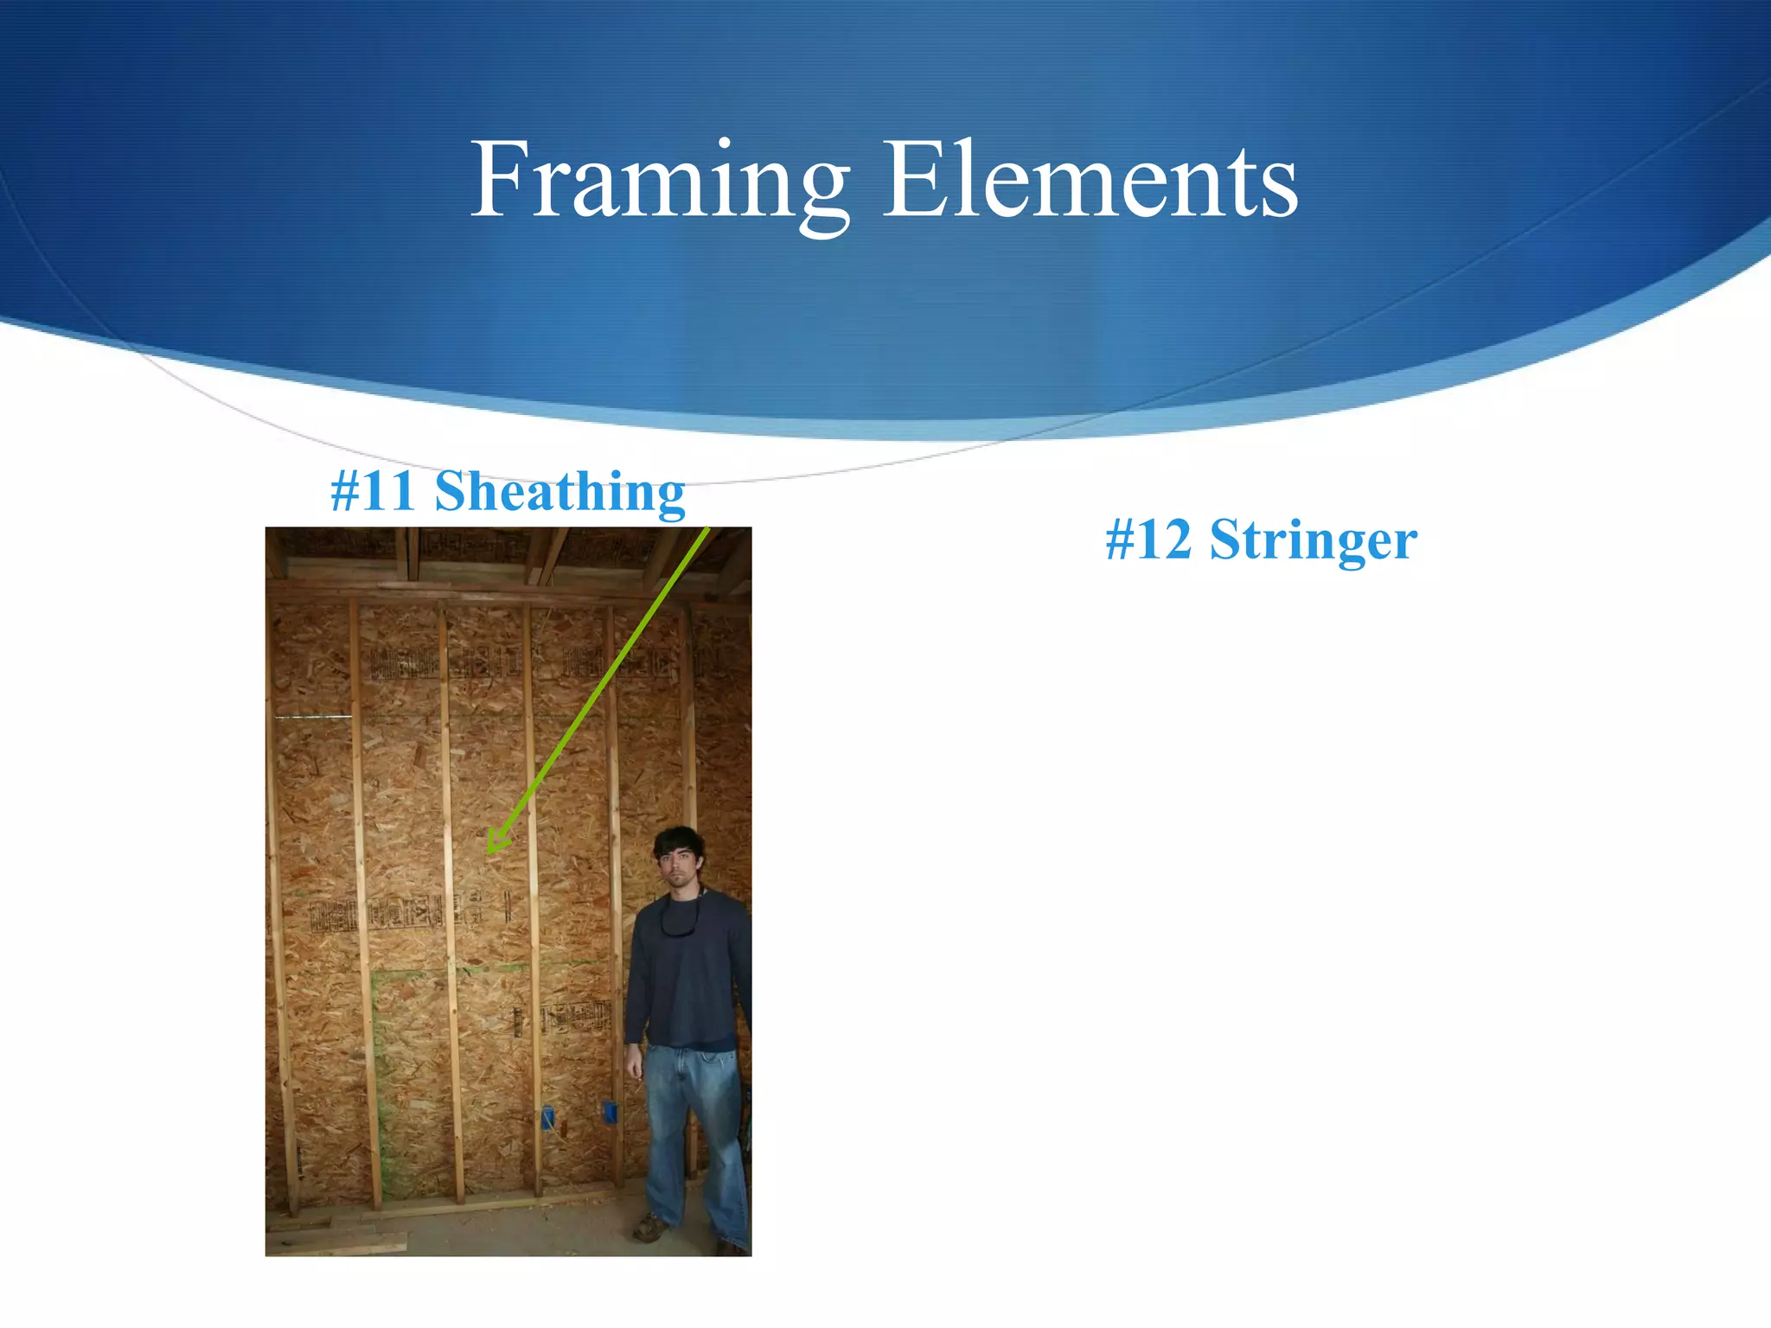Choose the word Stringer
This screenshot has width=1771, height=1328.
point(1313,541)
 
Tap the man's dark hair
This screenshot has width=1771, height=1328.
point(679,839)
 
